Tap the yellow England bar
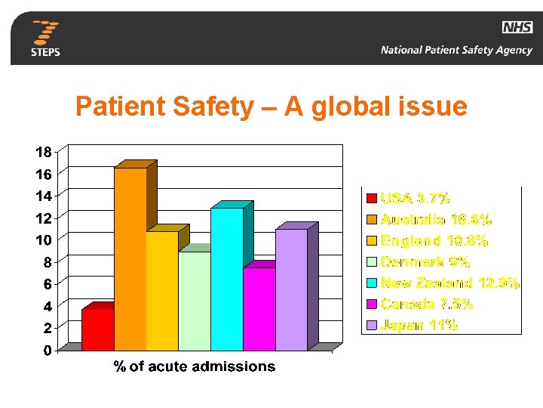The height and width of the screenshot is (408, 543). pos(162,291)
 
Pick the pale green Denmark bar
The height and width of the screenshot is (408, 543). pos(195,301)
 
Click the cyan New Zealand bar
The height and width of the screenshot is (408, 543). pos(227,279)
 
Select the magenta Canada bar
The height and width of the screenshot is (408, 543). pos(259,308)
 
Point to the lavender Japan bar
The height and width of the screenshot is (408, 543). pos(291,289)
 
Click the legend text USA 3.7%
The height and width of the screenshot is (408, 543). pos(416,199)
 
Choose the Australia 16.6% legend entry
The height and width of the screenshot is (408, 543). pos(436,220)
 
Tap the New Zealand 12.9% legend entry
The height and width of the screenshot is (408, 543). pos(449,283)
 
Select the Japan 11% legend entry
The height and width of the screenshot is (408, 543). pos(419,326)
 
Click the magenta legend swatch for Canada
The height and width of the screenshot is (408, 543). pos(371,304)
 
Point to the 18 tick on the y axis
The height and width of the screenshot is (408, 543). pos(44,152)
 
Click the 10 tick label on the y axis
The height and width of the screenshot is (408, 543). pos(44,240)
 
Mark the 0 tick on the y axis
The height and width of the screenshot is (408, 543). pos(48,351)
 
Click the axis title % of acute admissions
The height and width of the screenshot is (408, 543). pos(195,367)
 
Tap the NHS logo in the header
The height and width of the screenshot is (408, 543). pos(517,28)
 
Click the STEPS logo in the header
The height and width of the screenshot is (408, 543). pos(45,39)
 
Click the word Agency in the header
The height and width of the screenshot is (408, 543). pos(514,51)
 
